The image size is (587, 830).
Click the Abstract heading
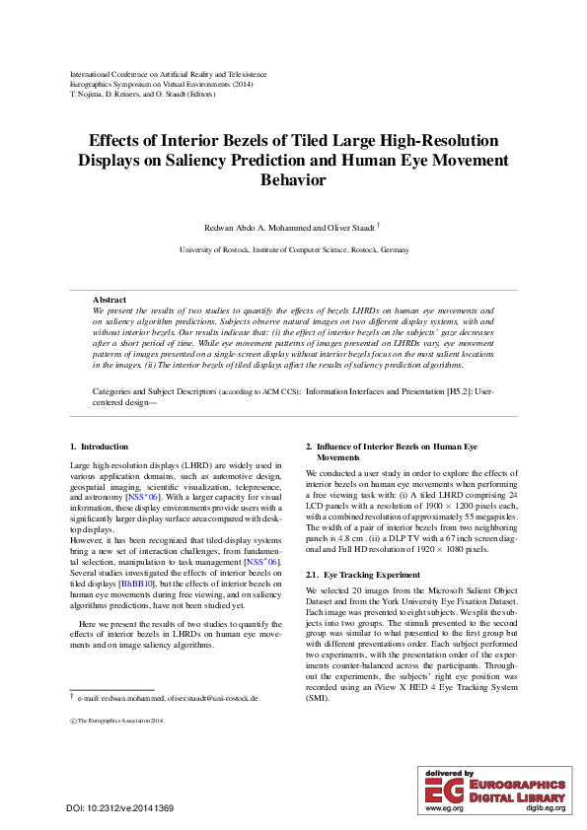click(110, 299)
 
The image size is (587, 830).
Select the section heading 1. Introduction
click(99, 447)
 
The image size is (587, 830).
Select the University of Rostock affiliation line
click(293, 250)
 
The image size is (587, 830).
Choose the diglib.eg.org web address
click(545, 807)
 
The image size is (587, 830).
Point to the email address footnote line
click(168, 697)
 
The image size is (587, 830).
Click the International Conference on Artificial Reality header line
click(167, 74)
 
